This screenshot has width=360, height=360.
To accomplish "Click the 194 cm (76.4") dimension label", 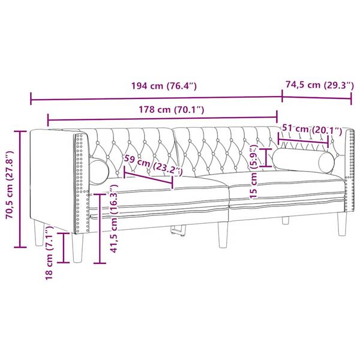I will (x=164, y=86).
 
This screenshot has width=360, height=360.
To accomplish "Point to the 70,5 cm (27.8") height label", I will (x=10, y=189).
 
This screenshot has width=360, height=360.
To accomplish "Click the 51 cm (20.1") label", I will (x=311, y=129).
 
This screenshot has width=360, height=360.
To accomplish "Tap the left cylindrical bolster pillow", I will (x=99, y=170).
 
